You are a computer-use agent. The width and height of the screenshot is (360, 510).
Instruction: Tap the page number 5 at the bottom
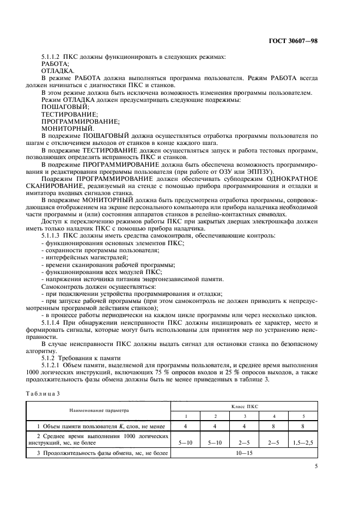tap(316, 466)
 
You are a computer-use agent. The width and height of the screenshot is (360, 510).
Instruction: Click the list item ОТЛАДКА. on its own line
tap(54, 71)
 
